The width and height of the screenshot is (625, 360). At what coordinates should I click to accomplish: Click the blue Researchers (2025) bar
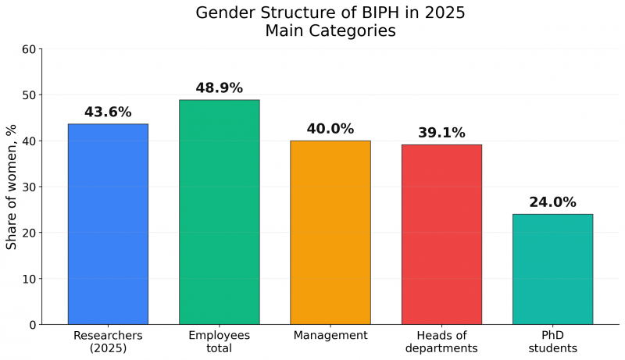(x=108, y=224)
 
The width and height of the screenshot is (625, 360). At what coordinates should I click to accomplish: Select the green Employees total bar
(x=219, y=212)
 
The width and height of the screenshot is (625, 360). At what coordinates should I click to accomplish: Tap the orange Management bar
(x=330, y=232)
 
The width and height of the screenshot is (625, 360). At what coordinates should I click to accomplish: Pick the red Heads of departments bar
(x=441, y=234)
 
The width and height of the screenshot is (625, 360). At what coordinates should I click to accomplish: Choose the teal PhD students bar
(x=552, y=269)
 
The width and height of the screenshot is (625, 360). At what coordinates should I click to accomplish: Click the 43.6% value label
(x=108, y=112)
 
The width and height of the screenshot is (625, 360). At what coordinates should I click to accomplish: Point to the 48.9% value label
(x=219, y=88)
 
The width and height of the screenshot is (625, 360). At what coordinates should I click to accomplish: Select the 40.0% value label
(x=330, y=129)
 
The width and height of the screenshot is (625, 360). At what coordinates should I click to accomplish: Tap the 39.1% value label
(x=441, y=133)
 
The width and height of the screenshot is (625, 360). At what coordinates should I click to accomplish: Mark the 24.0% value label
(x=552, y=202)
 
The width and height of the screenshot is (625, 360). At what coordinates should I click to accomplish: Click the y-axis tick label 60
(x=29, y=49)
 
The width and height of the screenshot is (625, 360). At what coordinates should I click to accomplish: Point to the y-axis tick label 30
(x=29, y=187)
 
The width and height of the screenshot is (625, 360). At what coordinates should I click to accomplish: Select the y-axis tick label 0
(x=32, y=324)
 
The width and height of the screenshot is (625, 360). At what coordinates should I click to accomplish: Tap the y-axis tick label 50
(x=29, y=95)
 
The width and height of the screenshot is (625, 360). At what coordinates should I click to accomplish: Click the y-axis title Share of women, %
(x=12, y=186)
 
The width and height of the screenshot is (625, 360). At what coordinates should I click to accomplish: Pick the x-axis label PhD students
(x=552, y=341)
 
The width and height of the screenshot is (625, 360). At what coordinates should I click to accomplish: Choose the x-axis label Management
(x=330, y=335)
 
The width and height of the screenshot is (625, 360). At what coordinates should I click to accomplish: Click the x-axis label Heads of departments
(x=441, y=341)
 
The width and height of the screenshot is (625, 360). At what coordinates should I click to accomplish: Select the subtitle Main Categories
(x=330, y=31)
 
